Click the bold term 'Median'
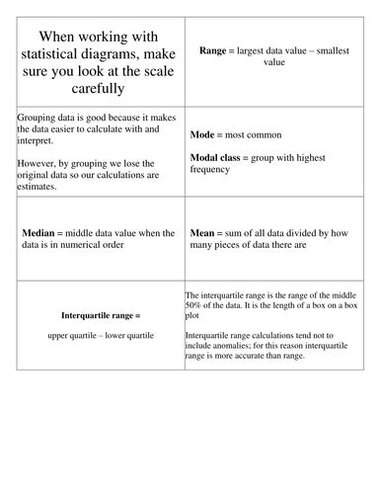pos(39,233)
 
